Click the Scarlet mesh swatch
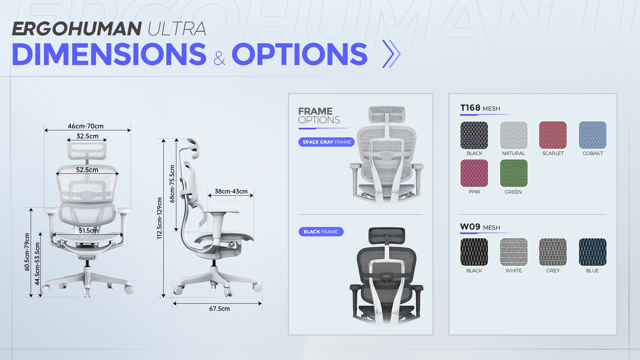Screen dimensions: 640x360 [553, 135]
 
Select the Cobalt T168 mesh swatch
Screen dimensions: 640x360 [593, 135]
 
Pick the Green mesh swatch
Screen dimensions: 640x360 [514, 173]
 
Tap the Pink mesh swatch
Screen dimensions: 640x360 [474, 173]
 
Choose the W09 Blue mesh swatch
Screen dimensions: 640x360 [593, 252]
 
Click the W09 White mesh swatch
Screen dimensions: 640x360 [514, 252]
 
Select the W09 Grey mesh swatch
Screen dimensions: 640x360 [553, 252]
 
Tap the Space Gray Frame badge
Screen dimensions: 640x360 [327, 142]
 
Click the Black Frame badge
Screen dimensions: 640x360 [321, 232]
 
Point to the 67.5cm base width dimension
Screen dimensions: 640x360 [219, 309]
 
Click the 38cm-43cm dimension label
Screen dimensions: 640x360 [231, 191]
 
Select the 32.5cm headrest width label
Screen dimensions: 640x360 [87, 136]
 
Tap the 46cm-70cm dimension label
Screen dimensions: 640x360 [86, 126]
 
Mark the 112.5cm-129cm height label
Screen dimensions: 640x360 [159, 218]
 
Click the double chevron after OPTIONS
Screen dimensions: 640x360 [391, 54]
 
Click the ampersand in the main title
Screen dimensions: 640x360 [219, 58]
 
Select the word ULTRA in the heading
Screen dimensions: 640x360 [177, 29]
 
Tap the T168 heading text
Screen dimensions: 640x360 [470, 108]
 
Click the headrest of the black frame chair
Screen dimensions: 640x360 [387, 236]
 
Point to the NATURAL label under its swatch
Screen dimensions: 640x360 [513, 153]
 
